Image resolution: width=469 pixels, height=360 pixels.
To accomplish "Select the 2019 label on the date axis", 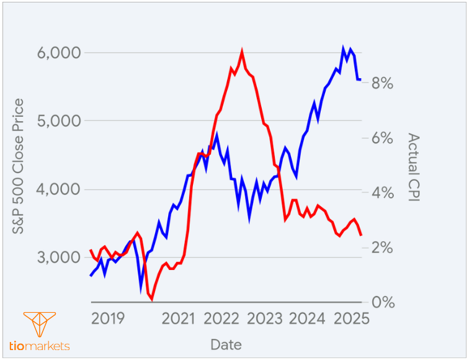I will [108, 319].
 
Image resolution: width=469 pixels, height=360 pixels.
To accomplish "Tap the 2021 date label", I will [179, 319].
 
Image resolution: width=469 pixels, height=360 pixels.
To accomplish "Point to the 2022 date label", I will [221, 319].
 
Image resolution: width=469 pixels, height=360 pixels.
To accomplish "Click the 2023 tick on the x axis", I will [265, 319].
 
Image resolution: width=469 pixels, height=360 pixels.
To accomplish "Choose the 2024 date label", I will [308, 319].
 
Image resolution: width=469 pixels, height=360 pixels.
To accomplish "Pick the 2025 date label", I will [351, 319].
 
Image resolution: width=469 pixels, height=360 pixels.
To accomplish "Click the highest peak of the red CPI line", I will [241, 52].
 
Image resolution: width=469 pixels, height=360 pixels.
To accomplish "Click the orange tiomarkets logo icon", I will [39, 325].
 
